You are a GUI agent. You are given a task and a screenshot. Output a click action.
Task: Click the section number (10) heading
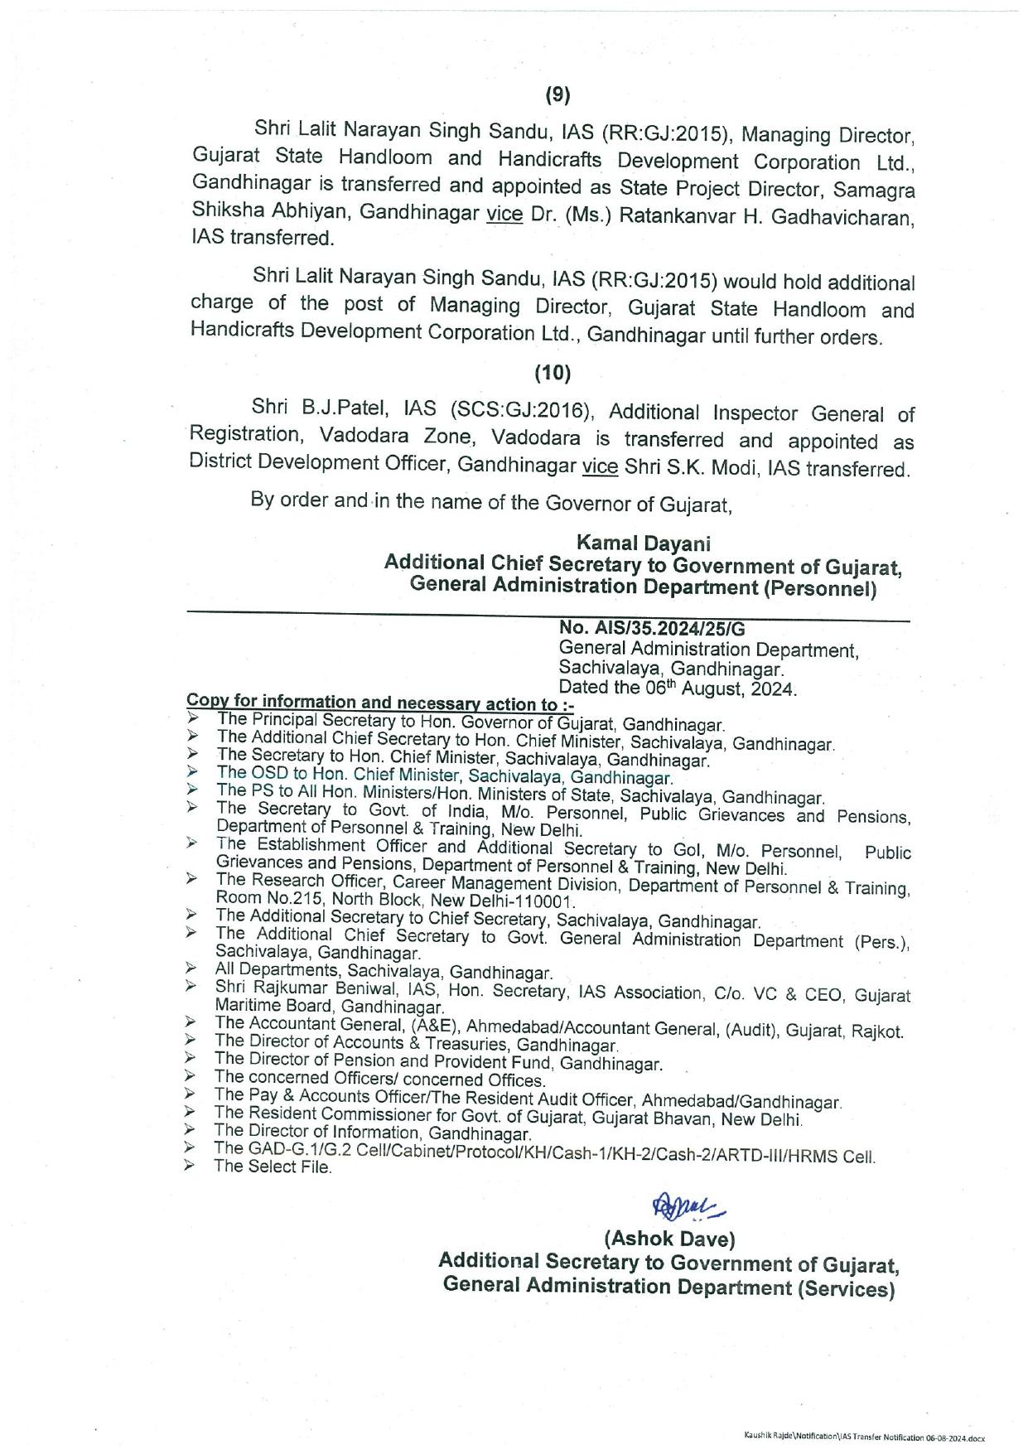click(x=553, y=374)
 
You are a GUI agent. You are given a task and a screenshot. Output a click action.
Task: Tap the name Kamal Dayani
click(x=644, y=543)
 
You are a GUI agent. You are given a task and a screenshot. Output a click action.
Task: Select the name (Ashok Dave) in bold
click(x=669, y=1239)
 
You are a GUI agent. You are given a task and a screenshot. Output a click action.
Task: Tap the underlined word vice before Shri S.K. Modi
click(x=601, y=466)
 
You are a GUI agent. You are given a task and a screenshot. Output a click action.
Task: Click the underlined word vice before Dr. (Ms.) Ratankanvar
click(x=504, y=214)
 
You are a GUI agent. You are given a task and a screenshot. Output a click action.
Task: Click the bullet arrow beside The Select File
click(x=191, y=1166)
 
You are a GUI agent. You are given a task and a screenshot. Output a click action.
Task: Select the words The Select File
click(x=273, y=1167)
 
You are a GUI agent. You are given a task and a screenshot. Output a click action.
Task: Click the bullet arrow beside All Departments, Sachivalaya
click(x=191, y=968)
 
